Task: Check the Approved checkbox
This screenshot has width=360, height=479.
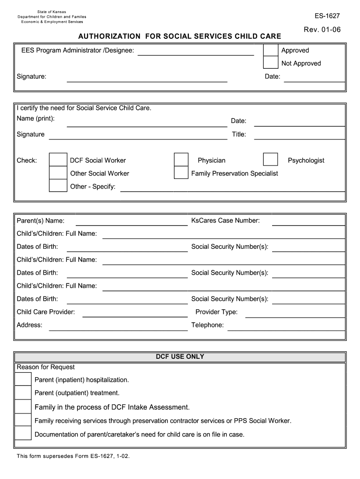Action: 271,50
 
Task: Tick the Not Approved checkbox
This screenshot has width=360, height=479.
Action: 271,63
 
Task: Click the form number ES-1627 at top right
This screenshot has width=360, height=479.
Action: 327,16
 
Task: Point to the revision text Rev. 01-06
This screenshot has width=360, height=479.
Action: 322,30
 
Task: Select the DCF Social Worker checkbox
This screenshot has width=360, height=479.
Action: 58,160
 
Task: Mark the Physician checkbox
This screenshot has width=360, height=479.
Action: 181,160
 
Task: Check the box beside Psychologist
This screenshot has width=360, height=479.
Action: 270,160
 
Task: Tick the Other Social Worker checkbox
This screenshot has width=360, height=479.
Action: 58,173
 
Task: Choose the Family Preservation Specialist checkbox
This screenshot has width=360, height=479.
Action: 181,173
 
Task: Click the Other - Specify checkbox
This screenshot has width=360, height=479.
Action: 58,186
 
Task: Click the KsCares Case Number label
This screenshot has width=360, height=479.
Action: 225,220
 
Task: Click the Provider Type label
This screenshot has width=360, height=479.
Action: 216,312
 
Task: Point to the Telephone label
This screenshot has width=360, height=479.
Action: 208,325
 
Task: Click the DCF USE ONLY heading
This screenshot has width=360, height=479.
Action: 180,356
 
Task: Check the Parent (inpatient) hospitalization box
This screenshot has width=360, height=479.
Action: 23,379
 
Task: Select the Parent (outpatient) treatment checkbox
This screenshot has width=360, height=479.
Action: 23,392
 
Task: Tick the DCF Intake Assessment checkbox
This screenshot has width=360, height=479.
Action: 23,406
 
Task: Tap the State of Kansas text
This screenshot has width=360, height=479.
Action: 52,12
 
